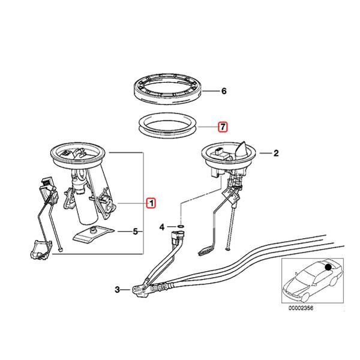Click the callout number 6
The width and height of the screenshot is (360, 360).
coord(223,92)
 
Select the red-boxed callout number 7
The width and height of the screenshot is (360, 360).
coord(223,127)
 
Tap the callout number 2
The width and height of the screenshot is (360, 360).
coord(277,154)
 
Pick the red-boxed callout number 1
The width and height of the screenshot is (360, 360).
coord(151,203)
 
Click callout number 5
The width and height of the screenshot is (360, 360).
coord(136,230)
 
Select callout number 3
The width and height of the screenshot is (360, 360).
coord(118,290)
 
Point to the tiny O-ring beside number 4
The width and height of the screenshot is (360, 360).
coord(182,227)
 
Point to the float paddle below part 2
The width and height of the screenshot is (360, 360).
coord(206,245)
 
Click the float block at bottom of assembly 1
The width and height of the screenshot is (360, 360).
coord(40,250)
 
